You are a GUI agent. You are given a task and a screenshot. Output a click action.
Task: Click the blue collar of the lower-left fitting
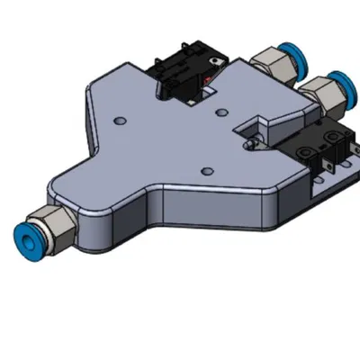tap(19, 233)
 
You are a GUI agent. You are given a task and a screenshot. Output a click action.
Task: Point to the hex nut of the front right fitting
tap(316, 91)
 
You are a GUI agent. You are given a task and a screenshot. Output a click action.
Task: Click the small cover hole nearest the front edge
tap(207, 169)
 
